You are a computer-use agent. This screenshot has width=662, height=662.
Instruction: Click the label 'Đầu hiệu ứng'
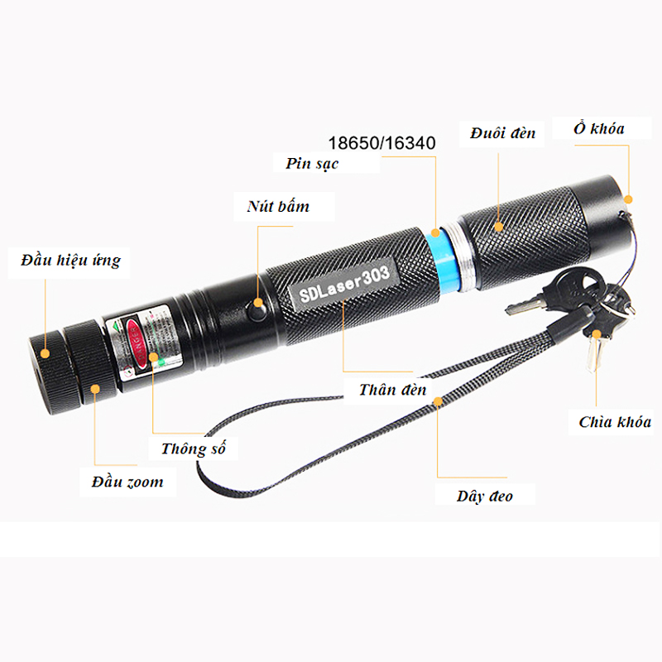70,261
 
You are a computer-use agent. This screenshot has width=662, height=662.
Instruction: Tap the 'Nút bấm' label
278,206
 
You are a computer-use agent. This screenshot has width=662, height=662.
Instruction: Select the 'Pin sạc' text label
312,164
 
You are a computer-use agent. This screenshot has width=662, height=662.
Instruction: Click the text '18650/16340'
381,143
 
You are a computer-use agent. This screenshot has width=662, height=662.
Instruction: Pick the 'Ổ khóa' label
598,128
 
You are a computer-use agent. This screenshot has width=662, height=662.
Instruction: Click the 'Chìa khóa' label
615,422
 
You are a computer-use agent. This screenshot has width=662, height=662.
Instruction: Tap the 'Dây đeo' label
485,496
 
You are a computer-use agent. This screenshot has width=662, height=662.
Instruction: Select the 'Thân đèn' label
393,389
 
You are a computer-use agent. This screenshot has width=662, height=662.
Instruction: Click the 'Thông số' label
193,449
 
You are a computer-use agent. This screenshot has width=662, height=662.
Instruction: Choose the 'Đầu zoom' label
127,482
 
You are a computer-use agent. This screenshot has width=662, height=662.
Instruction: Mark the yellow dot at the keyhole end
628,199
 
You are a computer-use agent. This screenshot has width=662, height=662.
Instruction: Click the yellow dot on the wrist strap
438,403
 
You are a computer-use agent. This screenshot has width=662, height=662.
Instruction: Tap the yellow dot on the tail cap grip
499,225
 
